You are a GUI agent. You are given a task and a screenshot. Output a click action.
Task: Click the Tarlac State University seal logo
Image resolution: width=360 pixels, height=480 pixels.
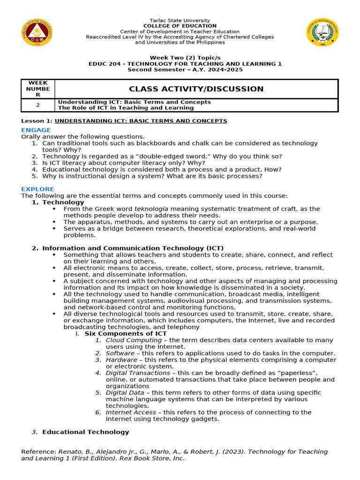[37, 32]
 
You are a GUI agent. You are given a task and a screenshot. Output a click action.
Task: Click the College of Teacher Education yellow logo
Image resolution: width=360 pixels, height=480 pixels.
[322, 32]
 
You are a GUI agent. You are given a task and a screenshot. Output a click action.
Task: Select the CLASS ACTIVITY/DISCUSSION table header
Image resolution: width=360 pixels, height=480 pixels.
[196, 89]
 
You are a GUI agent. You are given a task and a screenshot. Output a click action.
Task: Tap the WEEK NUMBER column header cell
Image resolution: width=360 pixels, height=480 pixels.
[38, 89]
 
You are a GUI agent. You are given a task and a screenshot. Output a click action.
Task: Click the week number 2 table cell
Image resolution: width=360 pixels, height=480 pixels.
[38, 105]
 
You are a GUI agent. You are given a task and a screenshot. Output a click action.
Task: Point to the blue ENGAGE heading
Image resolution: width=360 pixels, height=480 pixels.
[36, 130]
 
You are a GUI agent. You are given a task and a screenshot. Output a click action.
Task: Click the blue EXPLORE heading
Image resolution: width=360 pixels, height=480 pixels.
[37, 189]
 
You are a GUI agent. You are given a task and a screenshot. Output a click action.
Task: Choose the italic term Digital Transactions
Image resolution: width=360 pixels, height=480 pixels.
[138, 373]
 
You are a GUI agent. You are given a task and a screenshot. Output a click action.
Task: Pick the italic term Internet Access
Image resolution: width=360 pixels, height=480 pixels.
[131, 412]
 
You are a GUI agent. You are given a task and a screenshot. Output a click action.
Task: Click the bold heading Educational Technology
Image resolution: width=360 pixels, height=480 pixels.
[85, 432]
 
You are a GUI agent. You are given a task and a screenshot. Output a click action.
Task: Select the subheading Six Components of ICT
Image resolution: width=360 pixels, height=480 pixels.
[126, 333]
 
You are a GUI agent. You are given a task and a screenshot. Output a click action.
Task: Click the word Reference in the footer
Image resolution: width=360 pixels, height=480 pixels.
[38, 451]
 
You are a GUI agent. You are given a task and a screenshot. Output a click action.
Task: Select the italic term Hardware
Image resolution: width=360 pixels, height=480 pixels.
[121, 360]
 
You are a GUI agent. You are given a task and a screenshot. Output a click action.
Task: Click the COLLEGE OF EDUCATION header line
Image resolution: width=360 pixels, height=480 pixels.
[180, 26]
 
